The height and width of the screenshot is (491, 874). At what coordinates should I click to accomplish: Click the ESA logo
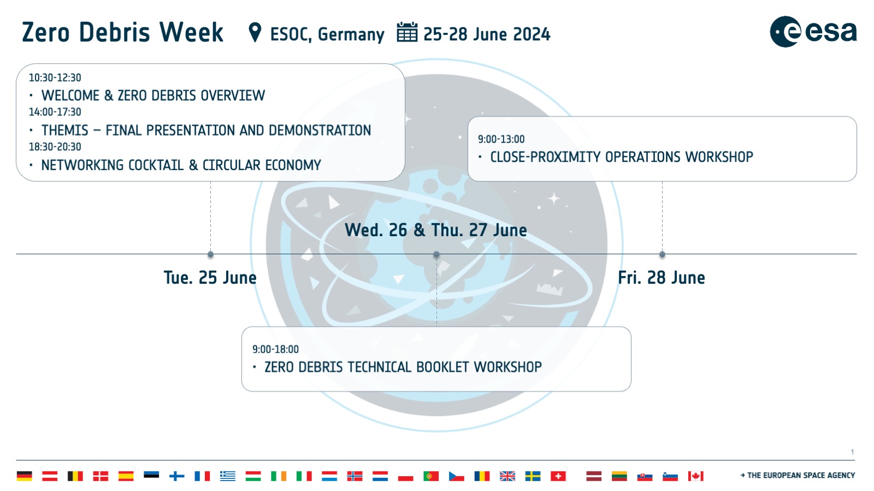pos(813,32)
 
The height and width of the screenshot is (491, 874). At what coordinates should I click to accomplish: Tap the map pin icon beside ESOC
pos(255,32)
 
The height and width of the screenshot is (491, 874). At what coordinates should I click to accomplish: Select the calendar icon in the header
pos(407,32)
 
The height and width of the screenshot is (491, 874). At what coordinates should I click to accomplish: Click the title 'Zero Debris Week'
pos(122,32)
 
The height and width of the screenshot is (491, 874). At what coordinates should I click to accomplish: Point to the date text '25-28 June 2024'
pos(487,34)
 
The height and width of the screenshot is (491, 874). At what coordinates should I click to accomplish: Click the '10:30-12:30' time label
pos(55,78)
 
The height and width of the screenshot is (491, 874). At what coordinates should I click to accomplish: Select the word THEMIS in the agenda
pos(64,130)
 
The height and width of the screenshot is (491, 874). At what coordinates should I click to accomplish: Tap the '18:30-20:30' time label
pos(55,147)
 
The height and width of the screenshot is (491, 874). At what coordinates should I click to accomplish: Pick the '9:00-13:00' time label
pos(501,139)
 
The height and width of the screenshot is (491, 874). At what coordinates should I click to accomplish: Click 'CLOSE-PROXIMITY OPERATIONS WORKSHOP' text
pos(621,157)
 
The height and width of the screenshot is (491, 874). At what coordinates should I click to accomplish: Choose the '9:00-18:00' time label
pos(275,349)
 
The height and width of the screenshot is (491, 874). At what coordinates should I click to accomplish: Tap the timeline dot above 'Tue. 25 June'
pos(210,254)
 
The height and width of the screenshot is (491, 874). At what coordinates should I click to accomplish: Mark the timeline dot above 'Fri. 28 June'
pos(662,254)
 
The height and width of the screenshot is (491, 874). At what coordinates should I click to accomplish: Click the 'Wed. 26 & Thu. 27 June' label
pos(435,230)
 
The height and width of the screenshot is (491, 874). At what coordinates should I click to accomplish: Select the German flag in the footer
pos(25,476)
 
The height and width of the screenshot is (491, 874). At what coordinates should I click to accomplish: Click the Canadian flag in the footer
pos(695,476)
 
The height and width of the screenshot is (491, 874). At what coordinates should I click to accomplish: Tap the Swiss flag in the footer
pos(558,476)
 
